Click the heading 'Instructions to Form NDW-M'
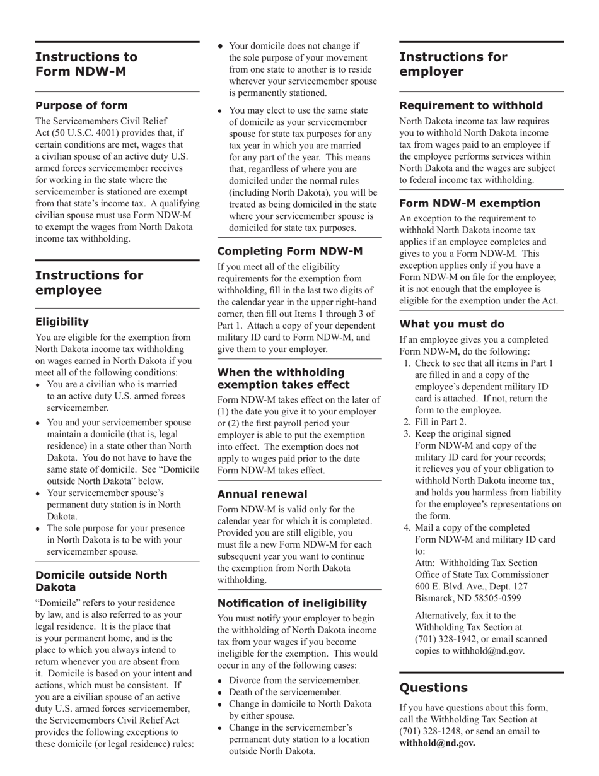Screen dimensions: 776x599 86,64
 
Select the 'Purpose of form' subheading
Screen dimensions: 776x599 81,105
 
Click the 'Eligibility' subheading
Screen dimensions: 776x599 62,322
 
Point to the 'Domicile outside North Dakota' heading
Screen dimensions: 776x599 101,581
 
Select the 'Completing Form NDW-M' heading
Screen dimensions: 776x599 290,251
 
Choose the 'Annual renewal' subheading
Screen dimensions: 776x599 262,494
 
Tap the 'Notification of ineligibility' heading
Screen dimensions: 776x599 292,603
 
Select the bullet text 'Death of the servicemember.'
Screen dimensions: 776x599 285,692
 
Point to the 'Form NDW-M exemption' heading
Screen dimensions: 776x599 470,203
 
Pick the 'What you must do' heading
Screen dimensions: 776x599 451,324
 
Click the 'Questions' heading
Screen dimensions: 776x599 433,688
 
